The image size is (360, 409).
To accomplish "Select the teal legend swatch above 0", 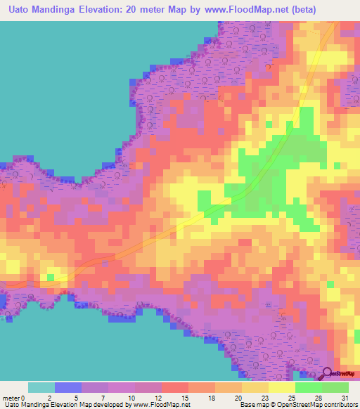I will point(41,387).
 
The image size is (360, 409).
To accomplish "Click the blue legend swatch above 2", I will point(67,387).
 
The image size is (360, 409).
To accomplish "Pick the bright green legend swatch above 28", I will point(309,387).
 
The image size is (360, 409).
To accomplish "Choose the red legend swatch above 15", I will point(174,387).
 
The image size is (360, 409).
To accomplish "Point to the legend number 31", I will point(344,397).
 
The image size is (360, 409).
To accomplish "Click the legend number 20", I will point(237,397).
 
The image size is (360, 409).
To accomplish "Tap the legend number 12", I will point(157,397).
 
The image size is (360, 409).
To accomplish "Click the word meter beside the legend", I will point(12,397).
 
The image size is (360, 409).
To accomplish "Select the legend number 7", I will point(104,397).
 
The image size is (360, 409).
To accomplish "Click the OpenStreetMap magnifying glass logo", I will point(328,372).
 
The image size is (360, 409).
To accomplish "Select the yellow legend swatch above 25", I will point(281,387).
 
